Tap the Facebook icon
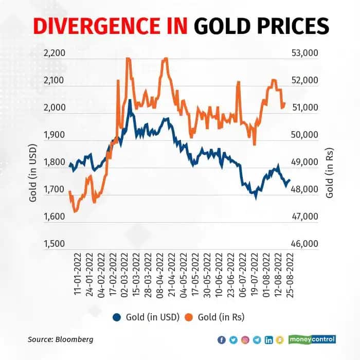pyautogui.click(x=222, y=340)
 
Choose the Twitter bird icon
pyautogui.click(x=233, y=340)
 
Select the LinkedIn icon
pyautogui.click(x=268, y=340)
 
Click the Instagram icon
pyautogui.click(x=245, y=340)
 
